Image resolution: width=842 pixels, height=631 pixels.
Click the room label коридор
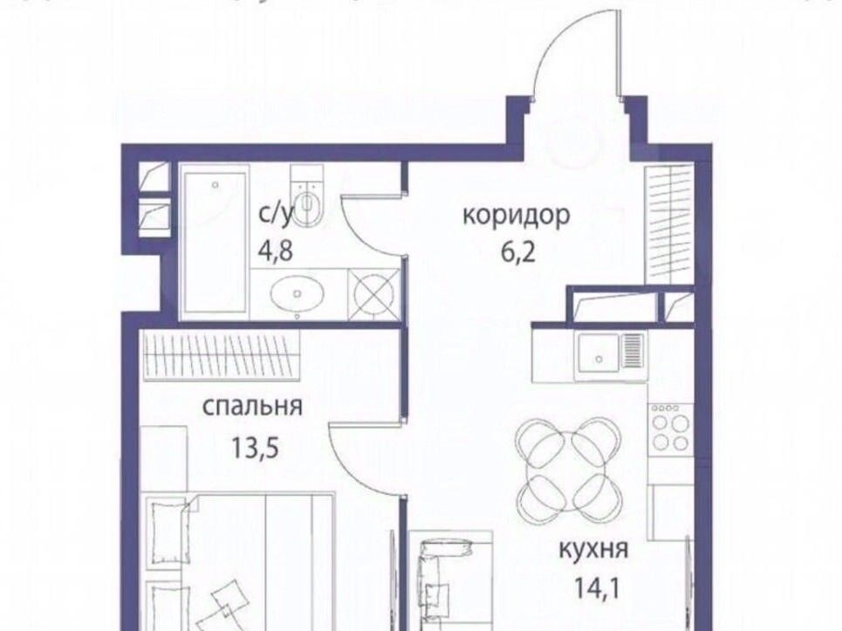pyautogui.click(x=516, y=216)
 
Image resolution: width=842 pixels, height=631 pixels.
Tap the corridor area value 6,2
pyautogui.click(x=518, y=252)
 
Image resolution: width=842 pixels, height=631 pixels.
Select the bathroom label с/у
pyautogui.click(x=277, y=214)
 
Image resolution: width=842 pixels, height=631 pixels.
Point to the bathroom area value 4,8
pyautogui.click(x=276, y=250)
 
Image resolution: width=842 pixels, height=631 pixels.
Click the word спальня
pyautogui.click(x=252, y=407)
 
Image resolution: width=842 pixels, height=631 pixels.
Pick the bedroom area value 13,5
pyautogui.click(x=255, y=447)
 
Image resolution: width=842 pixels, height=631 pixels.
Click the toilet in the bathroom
pyautogui.click(x=307, y=196)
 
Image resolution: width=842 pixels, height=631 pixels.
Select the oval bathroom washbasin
pyautogui.click(x=298, y=293)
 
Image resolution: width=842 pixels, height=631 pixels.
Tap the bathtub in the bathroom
pyautogui.click(x=215, y=242)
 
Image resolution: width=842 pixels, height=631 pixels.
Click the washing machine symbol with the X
pyautogui.click(x=374, y=294)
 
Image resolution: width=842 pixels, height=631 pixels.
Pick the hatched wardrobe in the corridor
pyautogui.click(x=668, y=224)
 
